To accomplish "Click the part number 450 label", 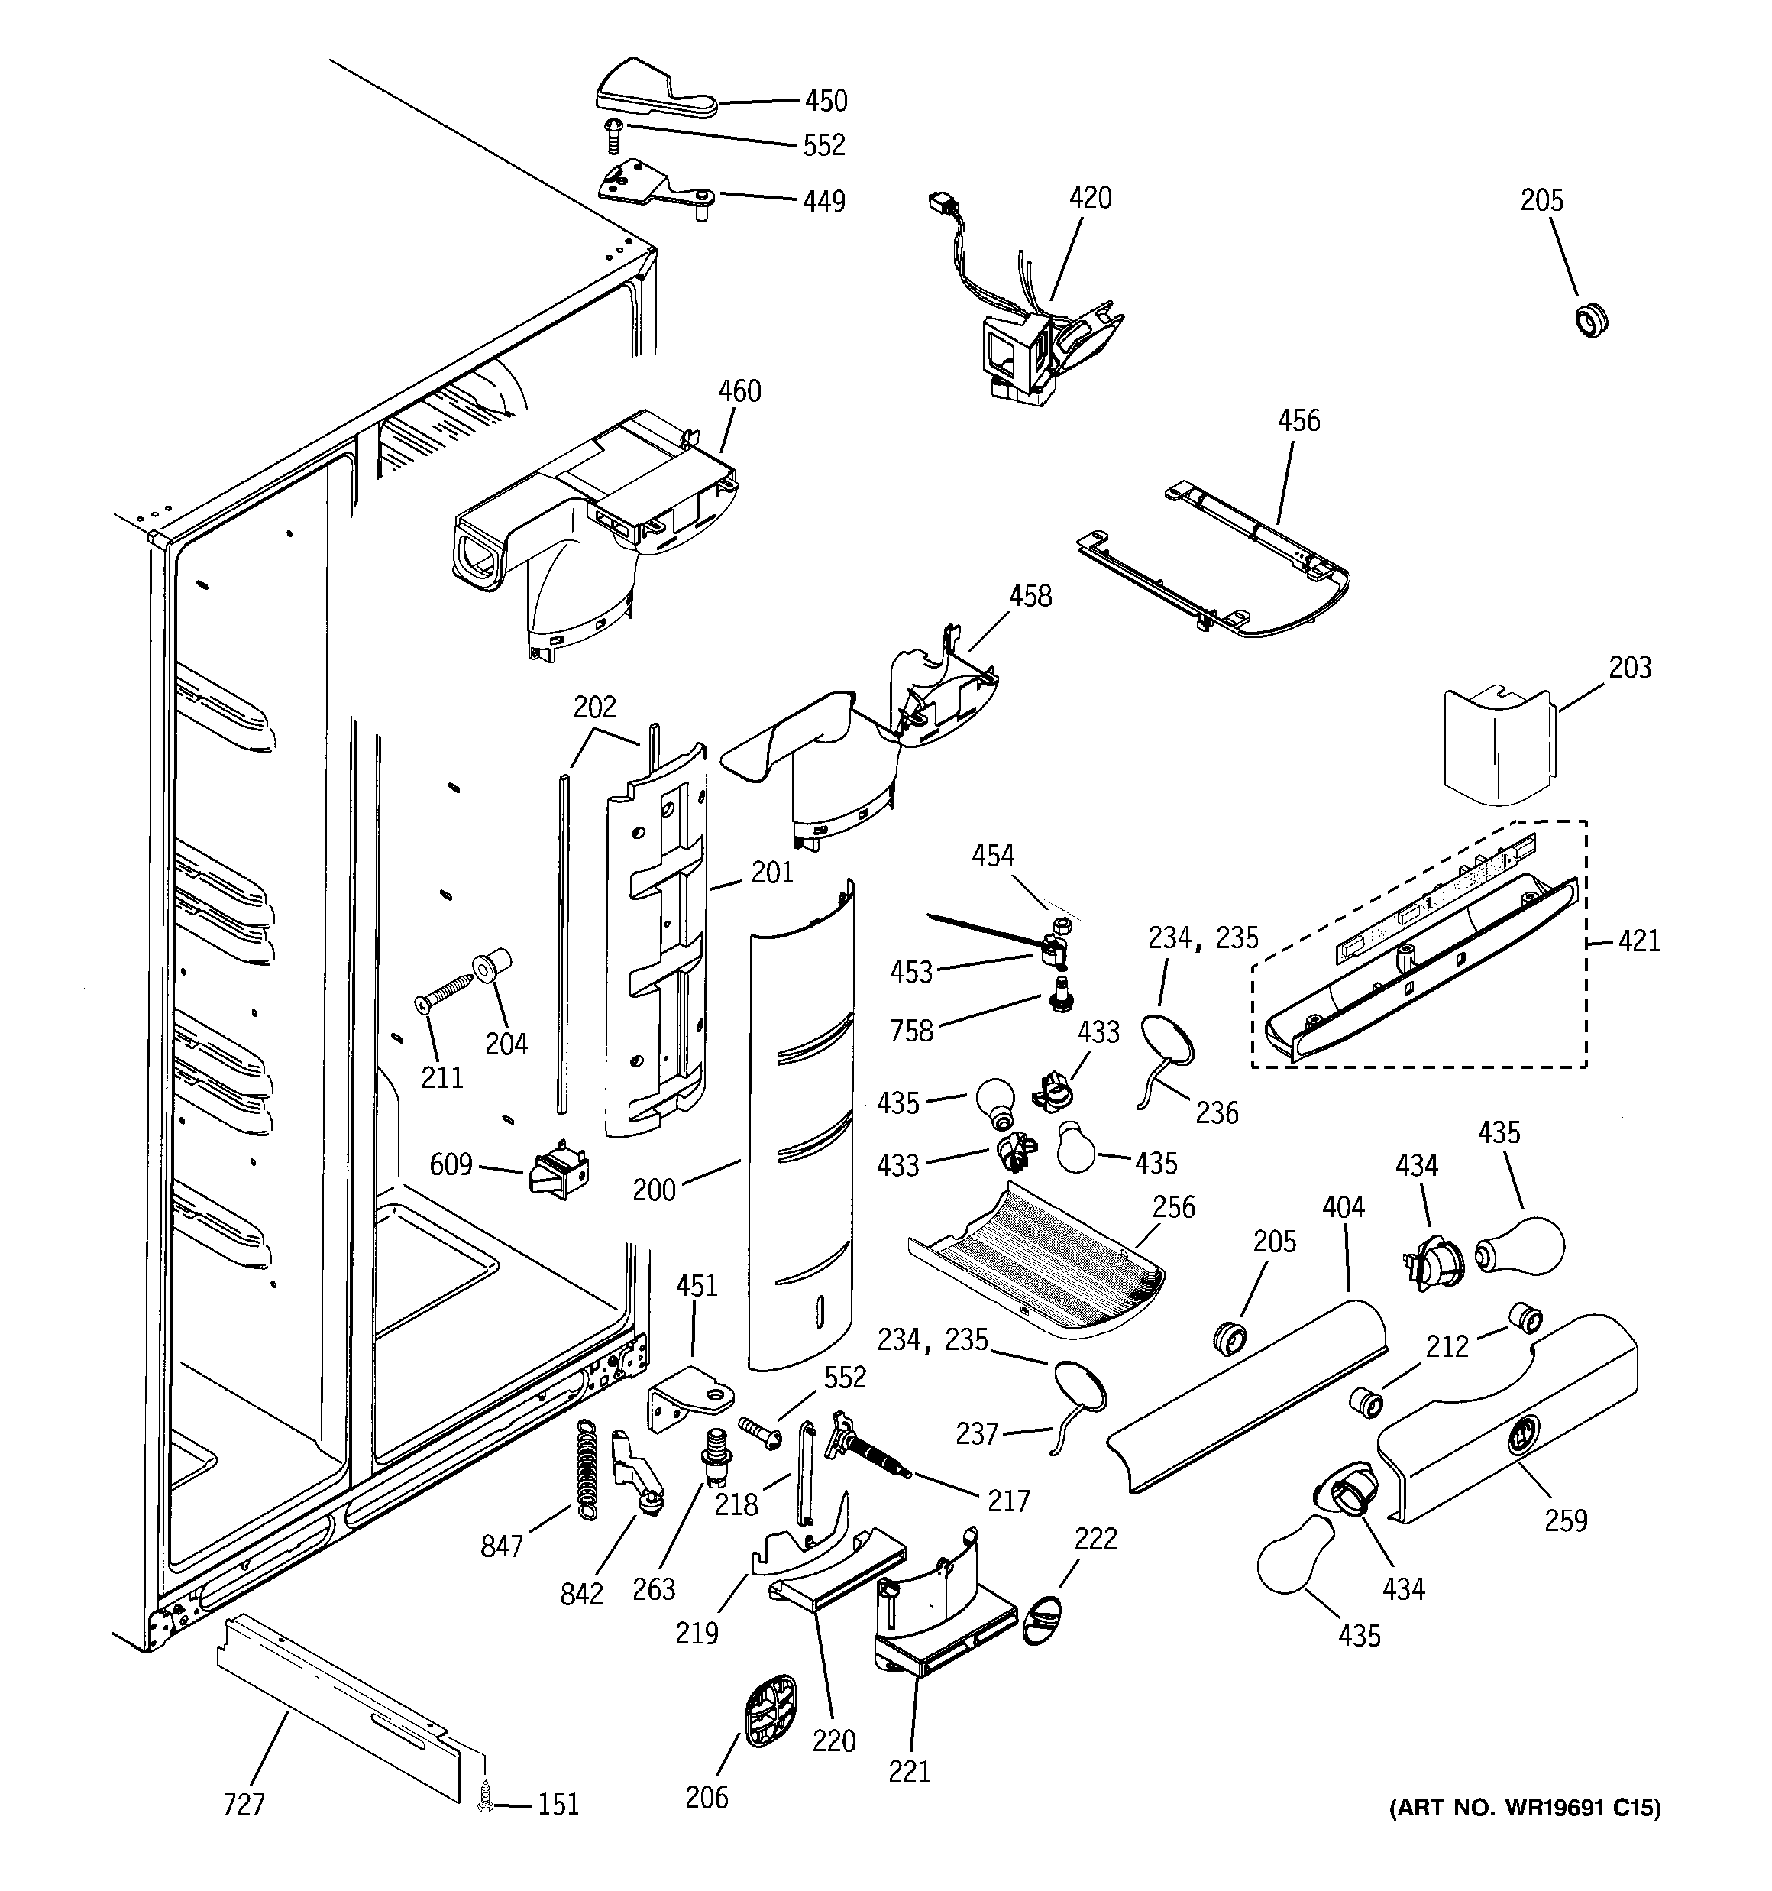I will [x=825, y=101].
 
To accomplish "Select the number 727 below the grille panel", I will [x=244, y=1805].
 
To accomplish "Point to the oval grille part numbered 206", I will [x=768, y=1711].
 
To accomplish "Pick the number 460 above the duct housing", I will [x=739, y=391].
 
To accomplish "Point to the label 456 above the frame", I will [x=1298, y=420].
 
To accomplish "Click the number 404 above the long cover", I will [x=1343, y=1207].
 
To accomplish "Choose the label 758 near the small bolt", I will [x=912, y=1031].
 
